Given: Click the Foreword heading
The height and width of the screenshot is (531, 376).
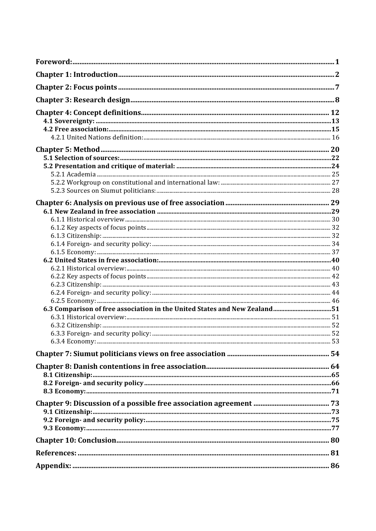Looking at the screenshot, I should (54, 62).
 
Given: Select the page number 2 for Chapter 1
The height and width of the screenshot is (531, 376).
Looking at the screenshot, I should (337, 75).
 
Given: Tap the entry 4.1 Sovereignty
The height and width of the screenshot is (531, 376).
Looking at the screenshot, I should (69, 121).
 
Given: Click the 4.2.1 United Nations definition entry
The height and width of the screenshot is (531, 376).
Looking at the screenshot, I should (97, 138).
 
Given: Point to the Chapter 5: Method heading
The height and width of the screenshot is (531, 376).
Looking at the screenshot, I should (68, 149).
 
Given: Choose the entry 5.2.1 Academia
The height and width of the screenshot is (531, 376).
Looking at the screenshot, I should (73, 174).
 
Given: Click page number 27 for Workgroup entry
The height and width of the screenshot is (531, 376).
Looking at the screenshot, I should (335, 182).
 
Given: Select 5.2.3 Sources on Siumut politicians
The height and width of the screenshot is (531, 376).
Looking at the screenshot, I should (103, 191).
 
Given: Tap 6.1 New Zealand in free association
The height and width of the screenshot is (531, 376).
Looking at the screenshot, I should (99, 211).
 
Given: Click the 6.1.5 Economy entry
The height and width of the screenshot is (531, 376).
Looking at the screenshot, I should (73, 252).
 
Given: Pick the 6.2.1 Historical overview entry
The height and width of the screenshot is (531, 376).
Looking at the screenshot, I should (88, 268).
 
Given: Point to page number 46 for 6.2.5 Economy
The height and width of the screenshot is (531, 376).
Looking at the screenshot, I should (335, 301).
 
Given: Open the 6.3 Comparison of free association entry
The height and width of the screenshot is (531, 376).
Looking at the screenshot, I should (158, 309).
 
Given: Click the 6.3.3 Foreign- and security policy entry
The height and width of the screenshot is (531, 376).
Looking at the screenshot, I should (101, 333).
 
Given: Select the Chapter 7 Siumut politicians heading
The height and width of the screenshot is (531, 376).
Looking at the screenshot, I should (130, 354).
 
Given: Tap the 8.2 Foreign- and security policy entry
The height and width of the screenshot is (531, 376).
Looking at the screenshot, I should (93, 383).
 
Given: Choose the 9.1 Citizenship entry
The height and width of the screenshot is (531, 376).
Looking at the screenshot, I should (68, 412).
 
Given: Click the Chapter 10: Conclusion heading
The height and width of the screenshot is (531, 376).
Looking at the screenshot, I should (76, 441).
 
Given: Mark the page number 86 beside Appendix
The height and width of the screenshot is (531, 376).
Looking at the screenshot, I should (335, 466).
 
